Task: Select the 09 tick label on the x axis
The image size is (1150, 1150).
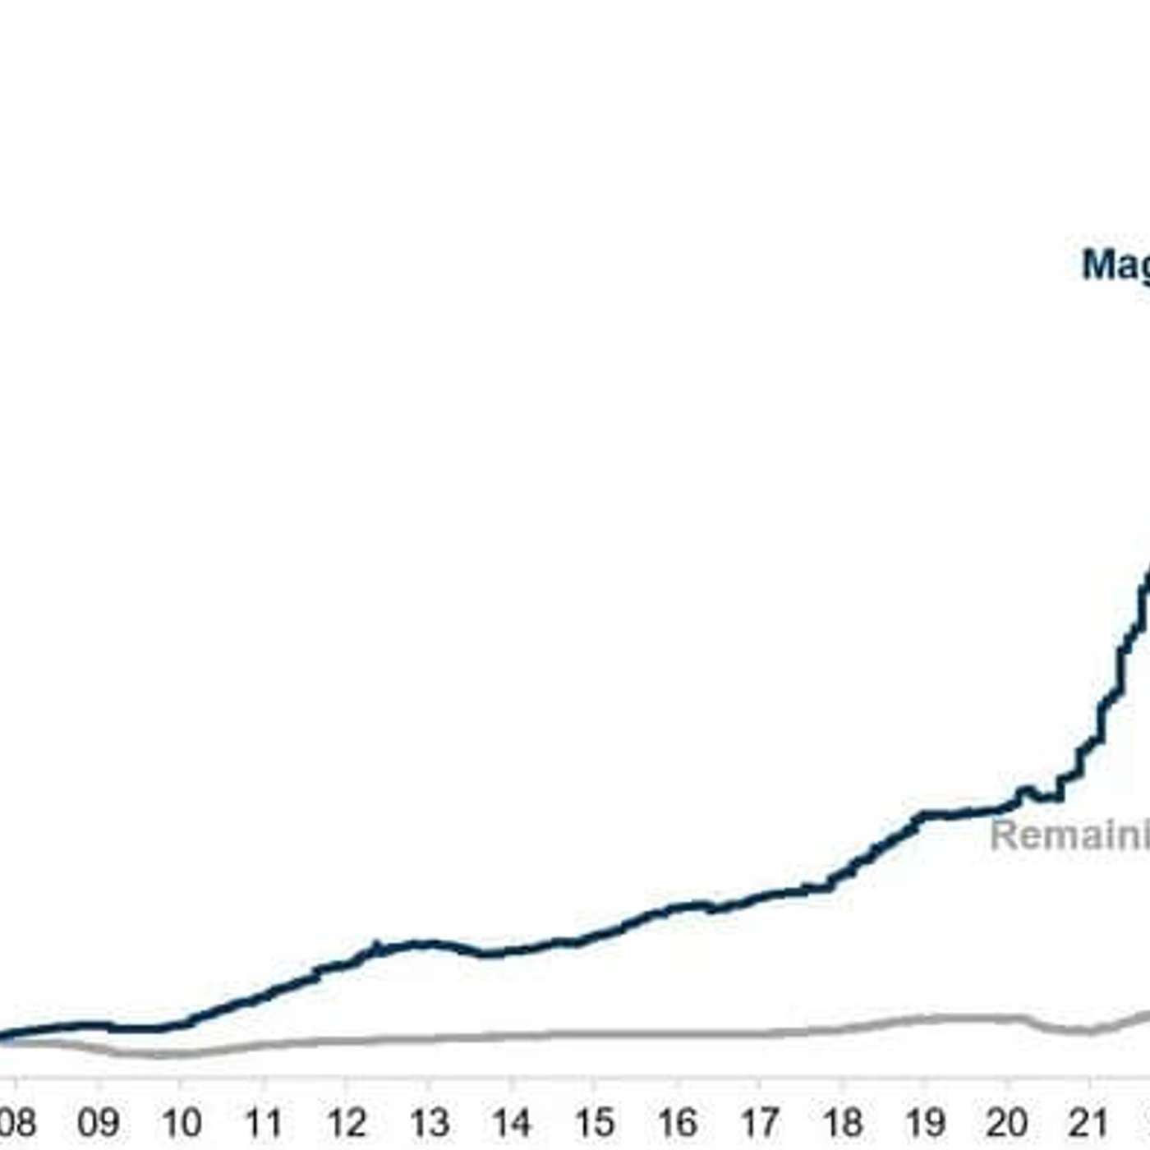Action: (98, 1122)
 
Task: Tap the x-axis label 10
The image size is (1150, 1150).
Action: (181, 1122)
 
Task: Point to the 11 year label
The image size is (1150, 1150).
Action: (263, 1122)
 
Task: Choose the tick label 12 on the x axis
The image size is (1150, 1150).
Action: (346, 1122)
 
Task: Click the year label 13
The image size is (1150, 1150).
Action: (429, 1122)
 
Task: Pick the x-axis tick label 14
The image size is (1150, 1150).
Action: (511, 1122)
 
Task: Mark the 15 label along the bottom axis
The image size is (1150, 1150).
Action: (594, 1122)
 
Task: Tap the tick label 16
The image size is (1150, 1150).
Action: (677, 1122)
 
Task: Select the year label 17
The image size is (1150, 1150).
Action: (759, 1122)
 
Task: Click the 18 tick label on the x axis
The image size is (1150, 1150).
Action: (842, 1122)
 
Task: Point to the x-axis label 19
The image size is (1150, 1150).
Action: (925, 1122)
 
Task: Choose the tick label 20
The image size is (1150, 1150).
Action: (1007, 1122)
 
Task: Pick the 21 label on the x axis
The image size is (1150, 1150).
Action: (1089, 1122)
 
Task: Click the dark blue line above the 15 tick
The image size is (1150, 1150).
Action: (594, 936)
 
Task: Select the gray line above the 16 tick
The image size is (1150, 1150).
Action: (677, 1033)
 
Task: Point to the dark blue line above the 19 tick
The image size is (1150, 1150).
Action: (925, 815)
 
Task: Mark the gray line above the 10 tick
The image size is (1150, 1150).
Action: (181, 1053)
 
